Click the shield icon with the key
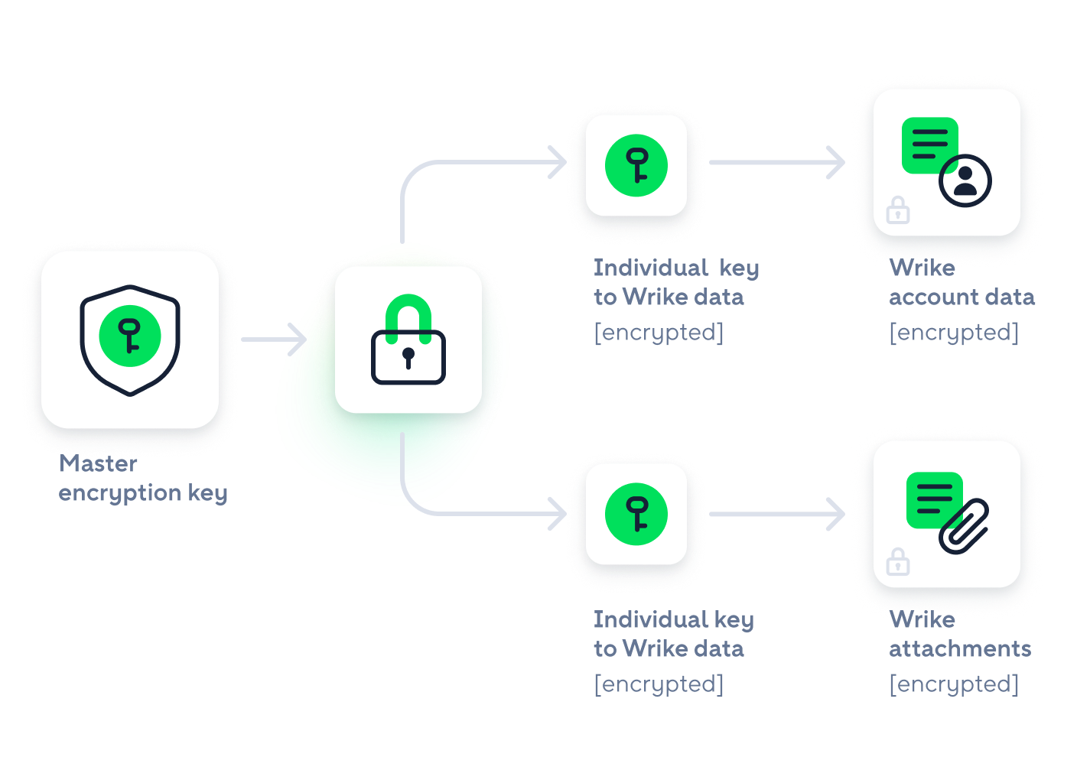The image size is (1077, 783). click(130, 340)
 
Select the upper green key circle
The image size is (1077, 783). click(636, 165)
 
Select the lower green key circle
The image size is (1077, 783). click(636, 514)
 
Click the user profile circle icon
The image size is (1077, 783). click(965, 181)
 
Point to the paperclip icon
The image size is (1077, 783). click(965, 526)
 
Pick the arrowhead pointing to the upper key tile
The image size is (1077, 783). click(558, 162)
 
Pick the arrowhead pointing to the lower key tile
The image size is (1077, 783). click(558, 514)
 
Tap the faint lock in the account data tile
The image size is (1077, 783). click(898, 210)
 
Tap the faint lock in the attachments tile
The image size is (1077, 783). click(898, 562)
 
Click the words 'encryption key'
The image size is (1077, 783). click(143, 493)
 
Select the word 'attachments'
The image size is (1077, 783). click(960, 649)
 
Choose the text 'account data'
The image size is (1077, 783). click(961, 297)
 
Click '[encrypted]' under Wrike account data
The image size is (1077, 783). click(954, 333)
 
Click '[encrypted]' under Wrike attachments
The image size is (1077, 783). click(954, 684)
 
